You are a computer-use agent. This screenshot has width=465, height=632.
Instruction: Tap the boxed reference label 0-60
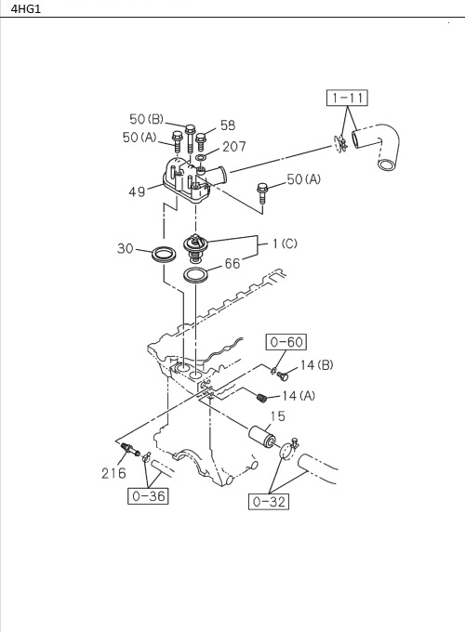pyautogui.click(x=286, y=342)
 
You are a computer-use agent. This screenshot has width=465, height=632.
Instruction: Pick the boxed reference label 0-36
pyautogui.click(x=147, y=495)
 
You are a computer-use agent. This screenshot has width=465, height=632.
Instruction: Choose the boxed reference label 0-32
pyautogui.click(x=268, y=502)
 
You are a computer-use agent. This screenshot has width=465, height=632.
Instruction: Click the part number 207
pyautogui.click(x=233, y=147)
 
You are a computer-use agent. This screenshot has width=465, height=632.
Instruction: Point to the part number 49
pyautogui.click(x=138, y=192)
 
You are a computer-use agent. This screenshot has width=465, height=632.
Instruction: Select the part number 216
pyautogui.click(x=113, y=473)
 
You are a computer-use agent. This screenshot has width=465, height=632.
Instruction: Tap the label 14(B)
pyautogui.click(x=315, y=365)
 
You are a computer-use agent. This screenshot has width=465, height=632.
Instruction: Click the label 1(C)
pyautogui.click(x=285, y=244)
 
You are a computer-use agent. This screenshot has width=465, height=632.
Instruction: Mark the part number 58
pyautogui.click(x=228, y=125)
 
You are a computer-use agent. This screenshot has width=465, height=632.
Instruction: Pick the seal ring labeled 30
pyautogui.click(x=165, y=253)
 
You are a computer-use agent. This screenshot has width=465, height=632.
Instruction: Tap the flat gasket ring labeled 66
pyautogui.click(x=196, y=275)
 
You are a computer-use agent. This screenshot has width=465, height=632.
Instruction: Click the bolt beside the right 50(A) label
pyautogui.click(x=264, y=192)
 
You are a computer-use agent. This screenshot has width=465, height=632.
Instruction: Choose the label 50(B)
pyautogui.click(x=146, y=119)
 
